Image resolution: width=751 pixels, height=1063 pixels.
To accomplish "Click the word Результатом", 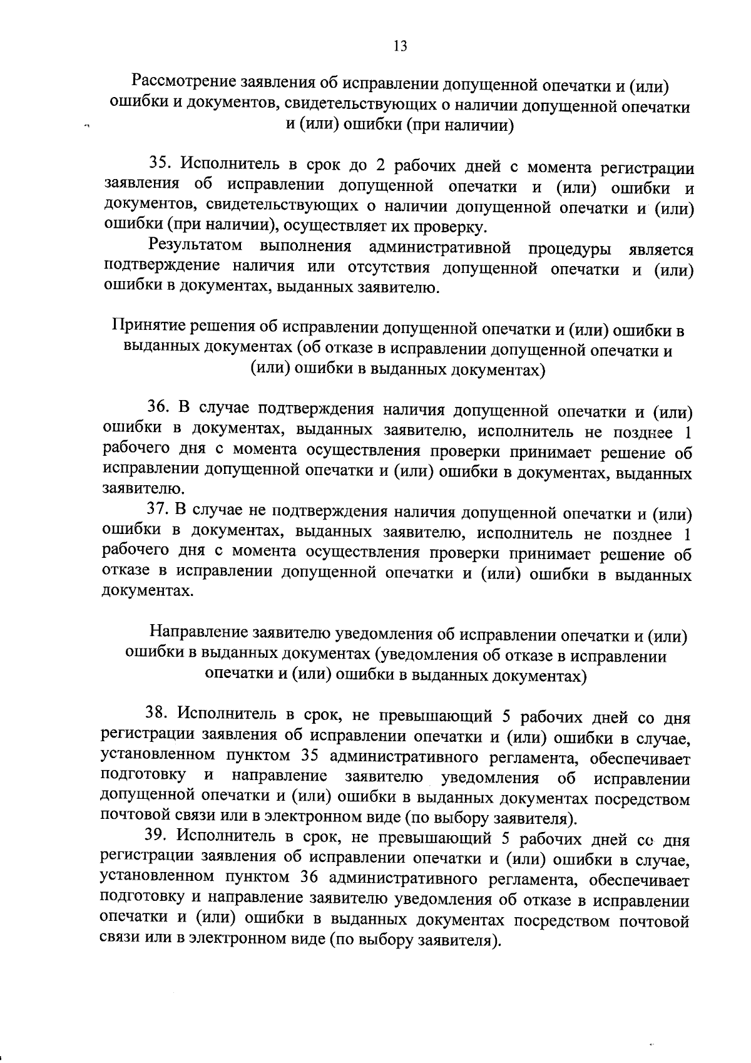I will pos(196,245).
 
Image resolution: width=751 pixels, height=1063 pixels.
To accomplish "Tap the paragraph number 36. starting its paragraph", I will pos(159,408).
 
